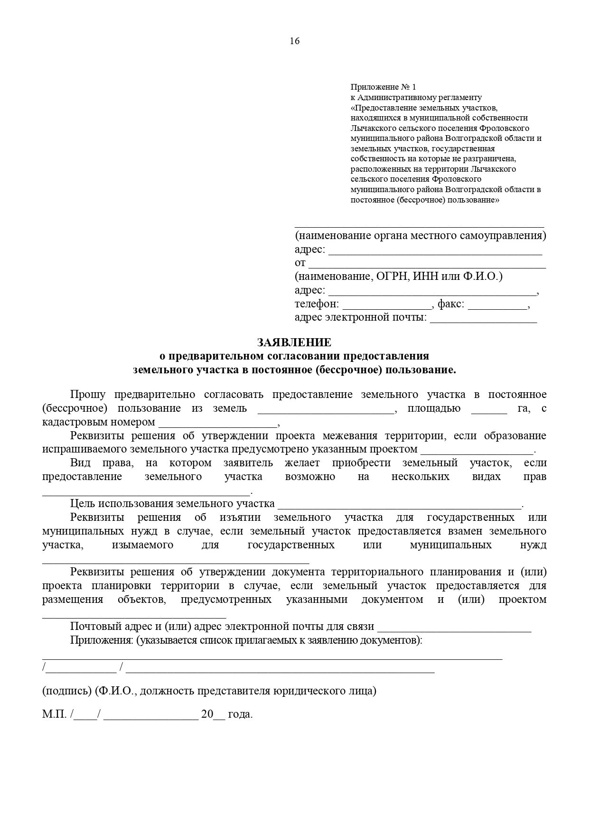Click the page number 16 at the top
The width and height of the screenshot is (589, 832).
[x=294, y=41]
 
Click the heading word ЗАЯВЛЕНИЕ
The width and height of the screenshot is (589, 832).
[x=294, y=342]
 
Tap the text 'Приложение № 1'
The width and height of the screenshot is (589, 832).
[x=383, y=87]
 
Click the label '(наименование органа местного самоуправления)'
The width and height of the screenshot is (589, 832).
[x=420, y=236]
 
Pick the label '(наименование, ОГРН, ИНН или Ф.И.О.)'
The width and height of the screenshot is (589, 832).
[x=398, y=277]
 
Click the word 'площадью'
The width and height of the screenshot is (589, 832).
[x=434, y=408]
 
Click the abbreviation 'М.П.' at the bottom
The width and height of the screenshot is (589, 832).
[x=54, y=714]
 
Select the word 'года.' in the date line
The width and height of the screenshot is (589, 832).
[x=240, y=714]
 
